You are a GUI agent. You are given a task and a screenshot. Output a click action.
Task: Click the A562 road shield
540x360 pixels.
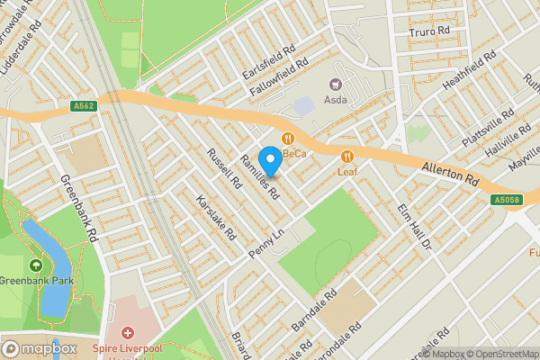84,105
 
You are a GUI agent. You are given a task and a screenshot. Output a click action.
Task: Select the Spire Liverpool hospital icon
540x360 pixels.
128,334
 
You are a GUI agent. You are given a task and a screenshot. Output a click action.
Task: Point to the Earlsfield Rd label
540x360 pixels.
268,62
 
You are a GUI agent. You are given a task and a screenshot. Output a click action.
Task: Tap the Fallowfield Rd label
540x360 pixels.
280,76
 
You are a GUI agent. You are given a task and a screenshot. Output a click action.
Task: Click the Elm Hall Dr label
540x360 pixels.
415,227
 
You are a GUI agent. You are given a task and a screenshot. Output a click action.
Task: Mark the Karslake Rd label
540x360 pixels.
217,220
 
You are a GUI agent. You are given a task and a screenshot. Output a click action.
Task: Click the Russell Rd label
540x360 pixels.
224,166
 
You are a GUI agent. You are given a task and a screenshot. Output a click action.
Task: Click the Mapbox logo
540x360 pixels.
40,348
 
